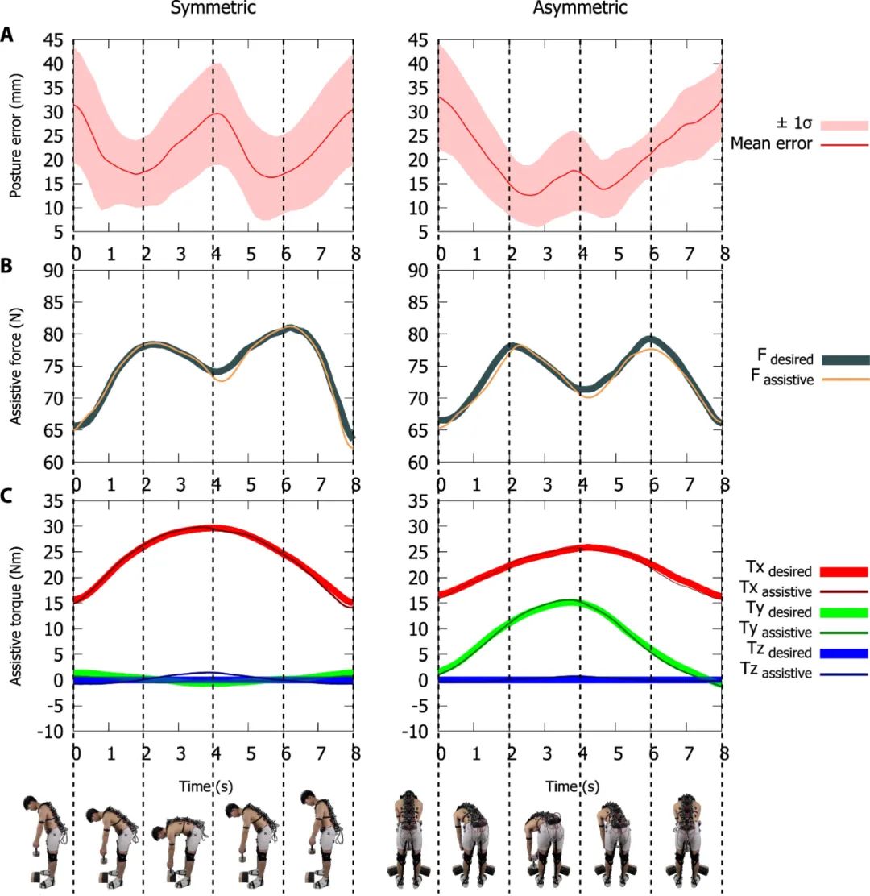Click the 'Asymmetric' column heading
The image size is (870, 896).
coord(580,9)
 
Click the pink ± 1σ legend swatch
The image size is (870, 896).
coord(843,125)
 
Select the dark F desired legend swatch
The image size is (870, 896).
coord(843,359)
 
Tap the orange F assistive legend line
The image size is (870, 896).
coord(843,377)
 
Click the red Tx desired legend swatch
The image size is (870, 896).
coord(843,571)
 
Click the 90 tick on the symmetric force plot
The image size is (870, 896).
coord(57,271)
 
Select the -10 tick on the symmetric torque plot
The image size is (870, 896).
coord(54,732)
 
